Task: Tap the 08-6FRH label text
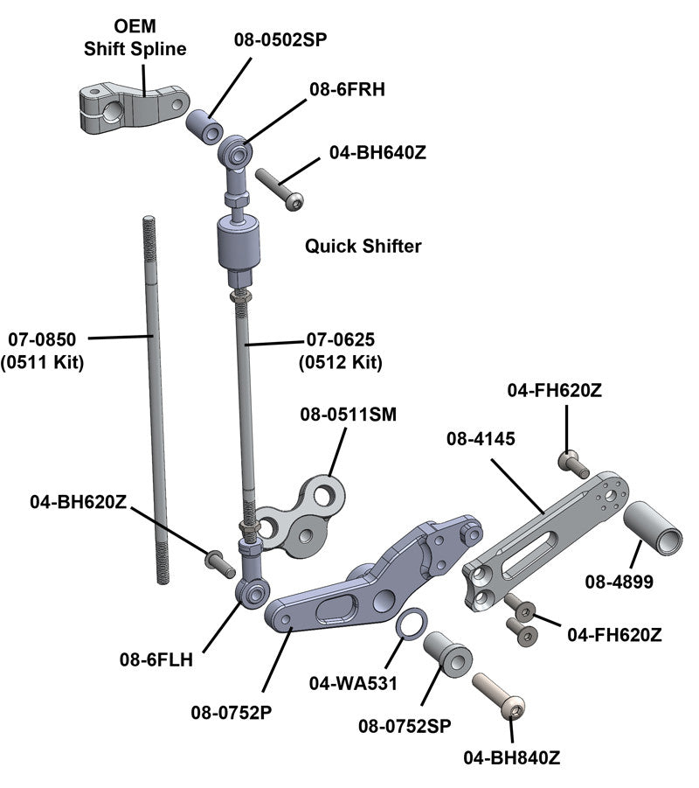coord(346,89)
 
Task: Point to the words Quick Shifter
coord(363,247)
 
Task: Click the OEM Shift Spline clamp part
coord(131,107)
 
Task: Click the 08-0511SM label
coord(348,415)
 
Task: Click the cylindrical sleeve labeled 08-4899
coord(651,527)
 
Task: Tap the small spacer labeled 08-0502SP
coord(204,129)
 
